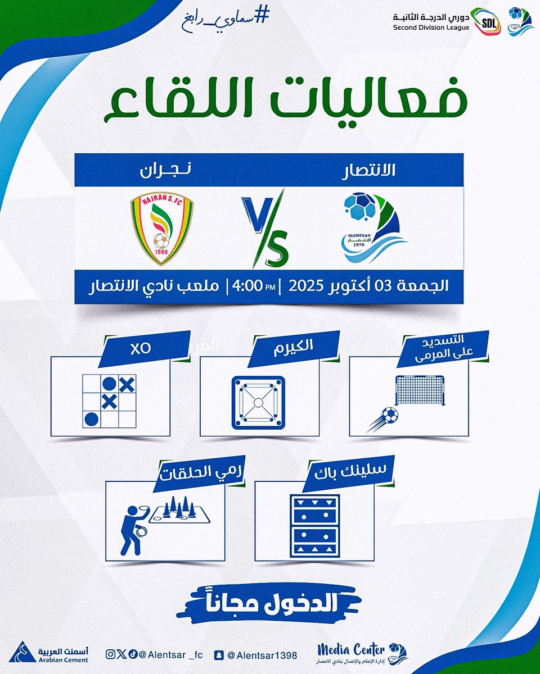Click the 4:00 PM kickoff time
tap(256, 285)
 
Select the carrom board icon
tap(258, 403)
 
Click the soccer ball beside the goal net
tap(388, 416)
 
